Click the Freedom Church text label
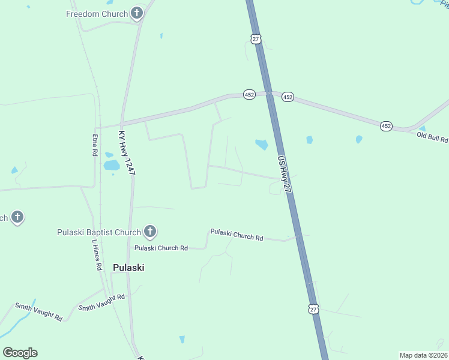[x=97, y=14]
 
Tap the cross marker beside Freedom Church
[x=137, y=13]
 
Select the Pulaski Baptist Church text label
[x=98, y=232]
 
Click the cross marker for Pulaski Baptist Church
[x=150, y=232]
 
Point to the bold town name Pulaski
[x=128, y=268]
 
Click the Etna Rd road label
[x=95, y=145]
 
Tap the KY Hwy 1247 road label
[x=127, y=153]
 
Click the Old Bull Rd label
[x=432, y=137]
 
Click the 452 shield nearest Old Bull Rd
[x=386, y=126]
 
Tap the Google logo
[x=20, y=353]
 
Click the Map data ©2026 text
[x=423, y=355]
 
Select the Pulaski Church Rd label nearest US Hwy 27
[x=237, y=235]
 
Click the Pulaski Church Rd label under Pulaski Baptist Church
[x=161, y=248]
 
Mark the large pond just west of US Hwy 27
[x=262, y=144]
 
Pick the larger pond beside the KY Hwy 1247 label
[x=112, y=165]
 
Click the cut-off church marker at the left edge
[x=17, y=218]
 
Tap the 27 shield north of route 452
[x=256, y=38]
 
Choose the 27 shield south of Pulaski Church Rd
[x=313, y=309]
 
